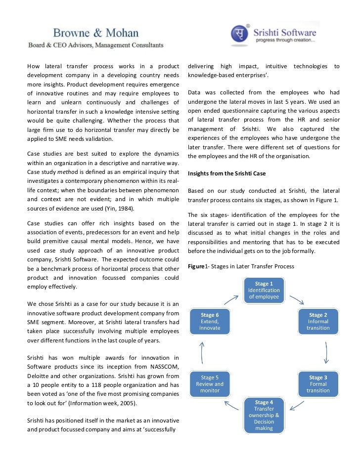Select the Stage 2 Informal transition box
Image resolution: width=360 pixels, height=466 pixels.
tap(318, 321)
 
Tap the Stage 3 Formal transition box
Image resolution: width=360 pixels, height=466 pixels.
tap(318, 384)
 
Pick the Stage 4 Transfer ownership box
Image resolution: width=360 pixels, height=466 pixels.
tap(264, 415)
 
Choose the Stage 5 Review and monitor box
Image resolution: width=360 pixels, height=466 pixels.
tap(210, 384)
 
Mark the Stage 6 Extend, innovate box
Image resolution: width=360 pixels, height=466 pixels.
tap(210, 321)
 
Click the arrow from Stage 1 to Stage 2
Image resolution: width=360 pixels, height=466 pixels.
tap(296, 299)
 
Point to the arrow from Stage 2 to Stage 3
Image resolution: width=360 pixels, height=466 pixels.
tap(327, 353)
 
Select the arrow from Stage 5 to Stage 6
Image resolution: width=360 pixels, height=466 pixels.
tap(202, 352)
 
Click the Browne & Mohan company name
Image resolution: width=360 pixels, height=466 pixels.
tap(96, 34)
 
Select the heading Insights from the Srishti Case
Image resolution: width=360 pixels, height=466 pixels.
tap(225, 174)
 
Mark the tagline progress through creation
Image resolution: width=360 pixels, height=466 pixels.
tap(285, 41)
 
